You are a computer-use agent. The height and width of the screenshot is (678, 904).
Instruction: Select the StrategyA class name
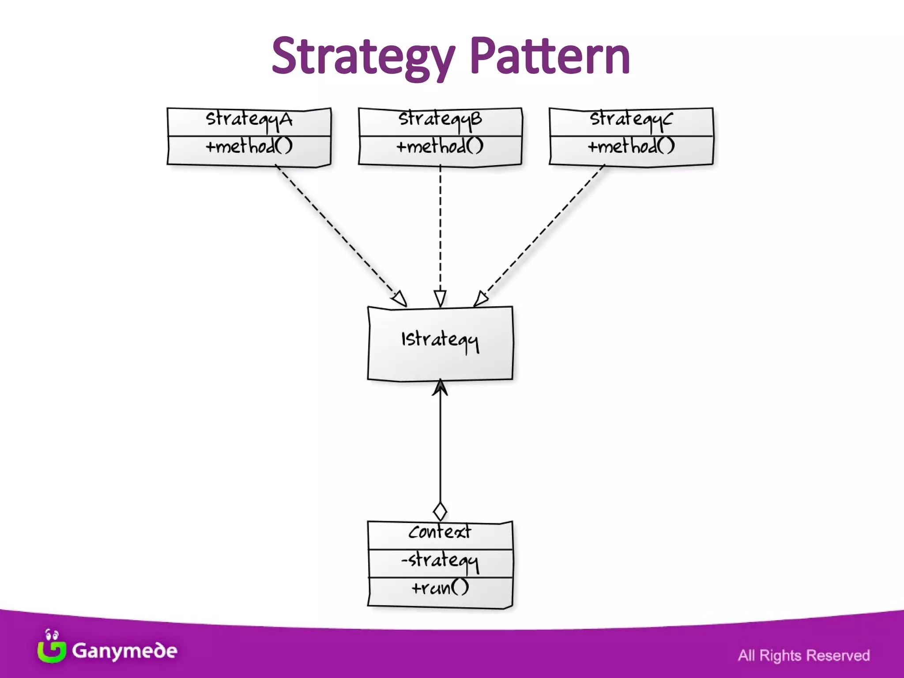click(249, 119)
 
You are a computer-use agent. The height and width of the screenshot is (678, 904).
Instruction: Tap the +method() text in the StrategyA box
click(249, 146)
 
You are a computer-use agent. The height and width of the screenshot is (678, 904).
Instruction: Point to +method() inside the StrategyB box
click(440, 146)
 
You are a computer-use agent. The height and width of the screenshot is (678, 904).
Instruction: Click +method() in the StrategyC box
click(631, 146)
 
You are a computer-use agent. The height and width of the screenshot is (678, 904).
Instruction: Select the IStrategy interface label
click(440, 340)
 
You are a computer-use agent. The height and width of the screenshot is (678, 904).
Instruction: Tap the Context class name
click(440, 532)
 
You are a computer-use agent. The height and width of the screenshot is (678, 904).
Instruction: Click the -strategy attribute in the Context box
click(440, 561)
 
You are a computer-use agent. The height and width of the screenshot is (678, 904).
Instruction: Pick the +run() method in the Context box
click(440, 588)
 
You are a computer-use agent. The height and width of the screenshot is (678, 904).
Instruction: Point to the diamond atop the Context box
click(440, 512)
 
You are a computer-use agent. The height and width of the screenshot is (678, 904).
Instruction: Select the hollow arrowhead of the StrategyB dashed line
click(440, 298)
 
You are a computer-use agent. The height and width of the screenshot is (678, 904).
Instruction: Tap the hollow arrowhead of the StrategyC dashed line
click(481, 299)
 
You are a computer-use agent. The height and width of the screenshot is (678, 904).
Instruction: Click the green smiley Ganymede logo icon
click(51, 647)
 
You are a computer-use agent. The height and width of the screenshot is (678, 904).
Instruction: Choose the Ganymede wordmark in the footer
click(124, 651)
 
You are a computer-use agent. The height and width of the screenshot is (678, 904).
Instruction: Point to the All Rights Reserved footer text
click(804, 655)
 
